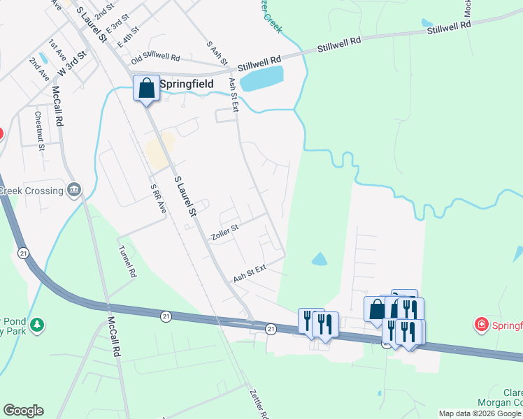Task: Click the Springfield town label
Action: (187, 84)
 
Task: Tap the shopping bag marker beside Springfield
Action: (146, 89)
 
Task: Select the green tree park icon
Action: (38, 325)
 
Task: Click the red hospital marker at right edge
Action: (481, 325)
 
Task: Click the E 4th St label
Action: (129, 37)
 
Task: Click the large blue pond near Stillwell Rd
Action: (261, 78)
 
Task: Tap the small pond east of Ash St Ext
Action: (319, 259)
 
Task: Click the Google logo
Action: (23, 411)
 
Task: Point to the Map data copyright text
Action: (480, 413)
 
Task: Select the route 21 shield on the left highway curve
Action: (24, 253)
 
